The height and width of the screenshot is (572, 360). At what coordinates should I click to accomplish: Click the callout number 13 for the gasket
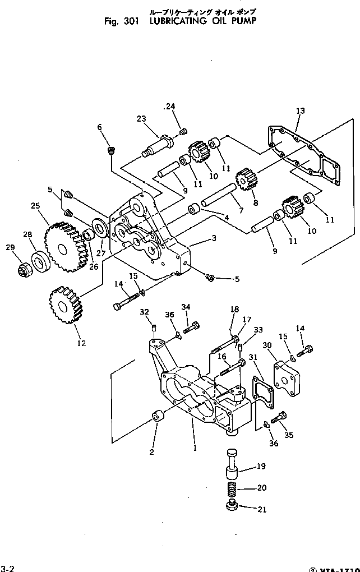click(301, 111)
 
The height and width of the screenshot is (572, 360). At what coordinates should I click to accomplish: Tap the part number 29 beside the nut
click(9, 247)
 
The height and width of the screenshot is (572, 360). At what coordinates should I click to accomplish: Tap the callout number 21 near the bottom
click(261, 510)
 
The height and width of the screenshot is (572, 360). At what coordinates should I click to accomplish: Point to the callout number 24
click(170, 106)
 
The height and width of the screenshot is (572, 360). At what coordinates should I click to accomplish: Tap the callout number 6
click(100, 128)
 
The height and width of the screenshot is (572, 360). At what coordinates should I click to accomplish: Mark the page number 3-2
click(7, 568)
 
